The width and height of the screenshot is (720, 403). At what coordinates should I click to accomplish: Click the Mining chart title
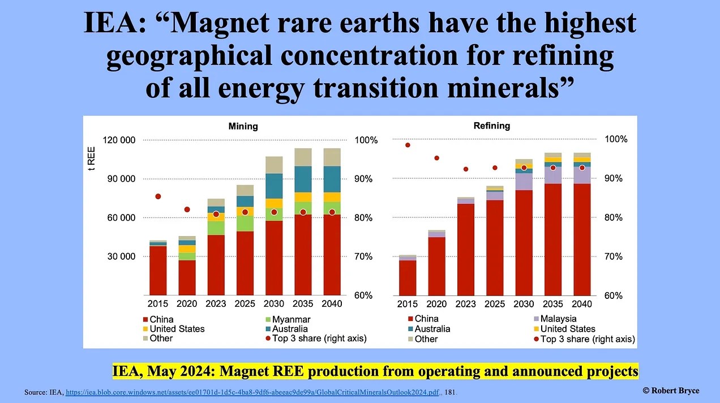(x=243, y=126)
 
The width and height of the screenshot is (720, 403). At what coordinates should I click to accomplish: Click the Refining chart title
(x=491, y=126)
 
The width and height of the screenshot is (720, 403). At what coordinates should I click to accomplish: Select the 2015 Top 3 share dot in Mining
(x=158, y=196)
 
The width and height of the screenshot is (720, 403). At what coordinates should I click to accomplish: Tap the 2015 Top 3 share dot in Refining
(x=408, y=145)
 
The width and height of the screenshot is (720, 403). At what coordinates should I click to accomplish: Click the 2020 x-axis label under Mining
(x=187, y=304)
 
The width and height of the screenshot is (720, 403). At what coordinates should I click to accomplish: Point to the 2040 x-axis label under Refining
(x=581, y=304)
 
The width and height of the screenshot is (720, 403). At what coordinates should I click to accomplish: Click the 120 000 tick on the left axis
(x=120, y=140)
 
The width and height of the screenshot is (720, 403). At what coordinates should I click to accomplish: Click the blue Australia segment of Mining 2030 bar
(x=274, y=186)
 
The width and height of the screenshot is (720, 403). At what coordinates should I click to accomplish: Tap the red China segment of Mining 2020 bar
(x=187, y=278)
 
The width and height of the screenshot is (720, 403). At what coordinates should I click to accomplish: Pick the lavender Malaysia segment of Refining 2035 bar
(x=552, y=175)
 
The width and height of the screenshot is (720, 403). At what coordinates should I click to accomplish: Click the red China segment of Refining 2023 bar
(x=466, y=249)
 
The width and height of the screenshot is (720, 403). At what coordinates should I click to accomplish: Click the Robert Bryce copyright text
(x=671, y=391)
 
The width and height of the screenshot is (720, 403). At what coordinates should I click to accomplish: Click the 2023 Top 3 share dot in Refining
(x=466, y=169)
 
